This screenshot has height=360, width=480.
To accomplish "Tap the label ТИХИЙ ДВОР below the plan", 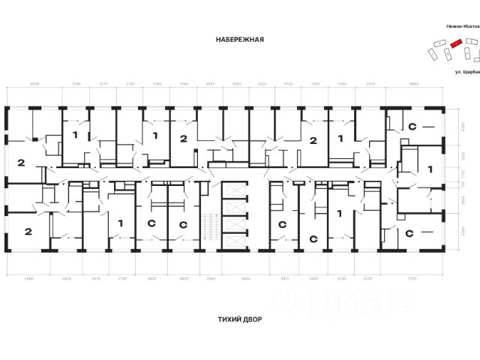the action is (x=239, y=319).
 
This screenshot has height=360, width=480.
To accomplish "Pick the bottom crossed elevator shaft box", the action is (x=234, y=244).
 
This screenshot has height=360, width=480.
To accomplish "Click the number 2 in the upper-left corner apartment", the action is (x=20, y=163).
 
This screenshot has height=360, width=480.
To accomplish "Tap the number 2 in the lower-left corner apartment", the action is (x=28, y=231).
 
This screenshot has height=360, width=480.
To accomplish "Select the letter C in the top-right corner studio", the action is (x=412, y=128).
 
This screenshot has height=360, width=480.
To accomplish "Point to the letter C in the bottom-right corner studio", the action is (x=409, y=233).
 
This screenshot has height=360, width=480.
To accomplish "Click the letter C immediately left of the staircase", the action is (x=182, y=224).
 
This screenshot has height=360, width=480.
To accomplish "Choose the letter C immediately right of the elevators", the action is (x=282, y=224).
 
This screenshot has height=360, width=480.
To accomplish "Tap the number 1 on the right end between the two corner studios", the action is (x=430, y=170).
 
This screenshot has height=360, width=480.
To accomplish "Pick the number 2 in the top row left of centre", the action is (x=183, y=139).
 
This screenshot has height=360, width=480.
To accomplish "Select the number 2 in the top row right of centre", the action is (x=313, y=139).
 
